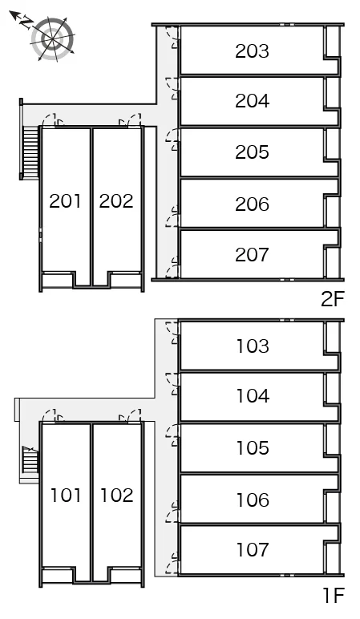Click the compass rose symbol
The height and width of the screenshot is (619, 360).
(x=51, y=38)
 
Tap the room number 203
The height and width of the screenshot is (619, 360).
(x=252, y=51)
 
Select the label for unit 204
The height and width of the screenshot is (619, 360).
(x=252, y=101)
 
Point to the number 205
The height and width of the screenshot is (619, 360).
(x=252, y=152)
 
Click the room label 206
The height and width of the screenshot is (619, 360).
(x=252, y=204)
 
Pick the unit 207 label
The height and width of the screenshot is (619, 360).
(x=252, y=255)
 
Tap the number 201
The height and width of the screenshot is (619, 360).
(x=66, y=201)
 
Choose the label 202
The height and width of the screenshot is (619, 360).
(x=116, y=201)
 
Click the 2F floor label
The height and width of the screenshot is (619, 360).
(x=333, y=300)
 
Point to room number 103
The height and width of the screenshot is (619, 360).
(x=253, y=346)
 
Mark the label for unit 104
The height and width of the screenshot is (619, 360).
(x=253, y=396)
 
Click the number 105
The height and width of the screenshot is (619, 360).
(x=253, y=447)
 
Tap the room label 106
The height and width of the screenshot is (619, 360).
(x=253, y=500)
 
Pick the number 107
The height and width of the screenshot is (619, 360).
(x=253, y=549)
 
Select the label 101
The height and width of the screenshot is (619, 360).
(x=66, y=496)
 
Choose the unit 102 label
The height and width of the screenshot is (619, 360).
(x=117, y=496)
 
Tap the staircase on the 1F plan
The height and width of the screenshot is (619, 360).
(x=30, y=459)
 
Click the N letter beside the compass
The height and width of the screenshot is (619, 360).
(x=26, y=22)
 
